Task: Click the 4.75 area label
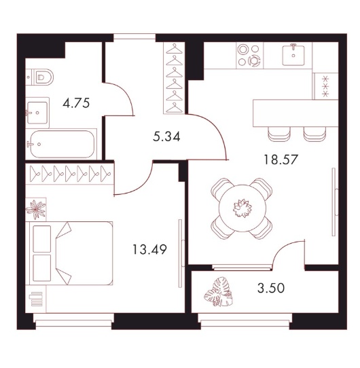pyautogui.click(x=76, y=103)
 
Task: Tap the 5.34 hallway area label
pyautogui.click(x=166, y=136)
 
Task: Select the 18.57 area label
pyautogui.click(x=281, y=160)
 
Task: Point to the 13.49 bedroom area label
pyautogui.click(x=150, y=249)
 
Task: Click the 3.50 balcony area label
pyautogui.click(x=271, y=288)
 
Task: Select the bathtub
pyautogui.click(x=62, y=144)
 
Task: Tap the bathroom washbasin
pyautogui.click(x=37, y=113)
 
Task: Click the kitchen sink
pyautogui.click(x=293, y=56)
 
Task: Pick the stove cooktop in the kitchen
pyautogui.click(x=250, y=56)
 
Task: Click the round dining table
pyautogui.click(x=242, y=208)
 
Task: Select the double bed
pyautogui.click(x=69, y=253)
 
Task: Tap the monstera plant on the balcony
pyautogui.click(x=219, y=292)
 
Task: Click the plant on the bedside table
pyautogui.click(x=36, y=209)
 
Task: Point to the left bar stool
pyautogui.click(x=279, y=134)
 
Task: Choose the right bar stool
pyautogui.click(x=314, y=134)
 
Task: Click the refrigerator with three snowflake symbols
pyautogui.click(x=325, y=86)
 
